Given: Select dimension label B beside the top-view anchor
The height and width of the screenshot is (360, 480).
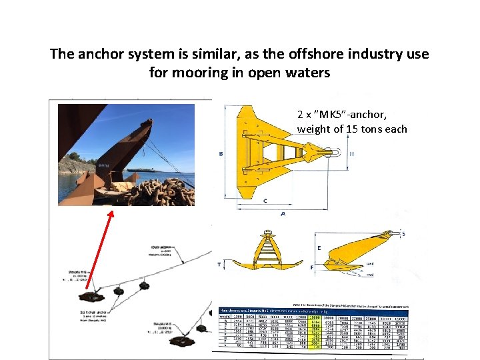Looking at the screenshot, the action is pos(221,154).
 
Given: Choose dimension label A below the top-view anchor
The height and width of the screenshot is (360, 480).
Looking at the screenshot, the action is pos(283,214).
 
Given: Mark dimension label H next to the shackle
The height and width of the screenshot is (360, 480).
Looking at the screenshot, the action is pos(351,153).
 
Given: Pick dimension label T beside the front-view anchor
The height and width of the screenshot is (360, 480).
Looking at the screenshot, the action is pos(219,264).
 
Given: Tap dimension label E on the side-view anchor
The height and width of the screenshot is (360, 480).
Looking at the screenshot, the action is pos(319,247).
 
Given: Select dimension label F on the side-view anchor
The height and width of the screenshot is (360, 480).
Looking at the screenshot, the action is pos(312,267).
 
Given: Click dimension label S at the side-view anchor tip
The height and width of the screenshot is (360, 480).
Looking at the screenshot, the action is pos(403,234).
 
